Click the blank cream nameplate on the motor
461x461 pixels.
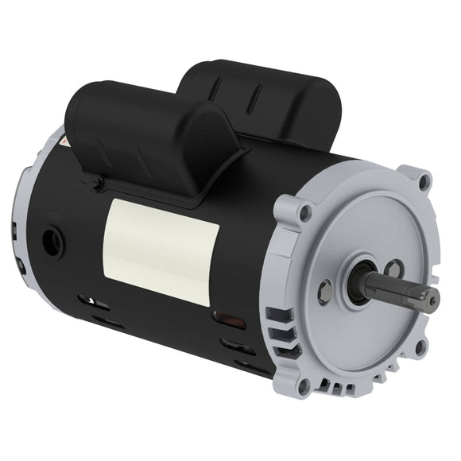pos(163,251)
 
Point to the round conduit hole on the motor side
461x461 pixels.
pos(52,242)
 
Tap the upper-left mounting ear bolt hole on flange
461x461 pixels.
pos(304,212)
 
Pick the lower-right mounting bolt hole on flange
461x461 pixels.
pos(420,346)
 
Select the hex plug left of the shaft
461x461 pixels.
pos(324,292)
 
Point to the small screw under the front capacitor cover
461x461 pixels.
pos(96,186)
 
